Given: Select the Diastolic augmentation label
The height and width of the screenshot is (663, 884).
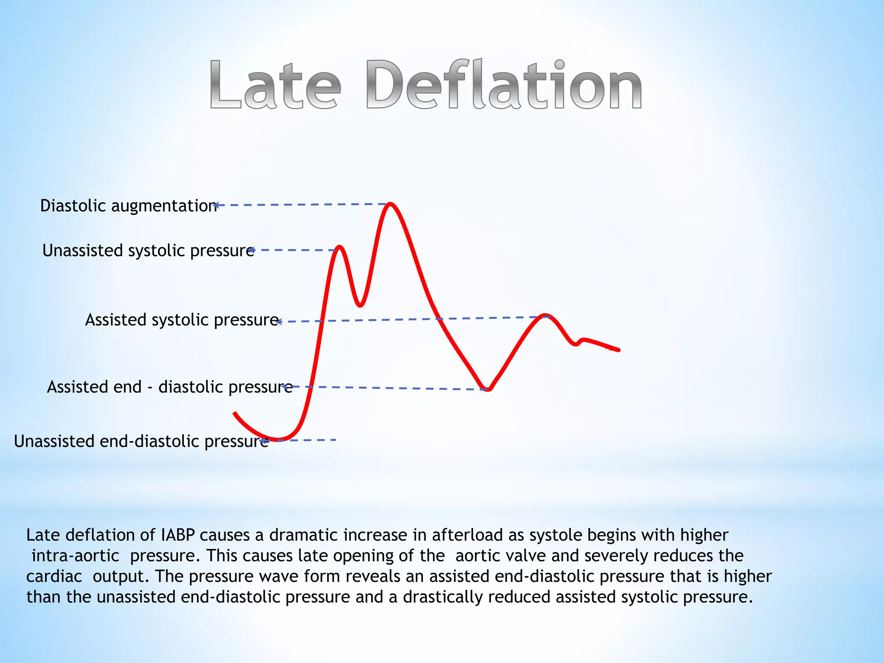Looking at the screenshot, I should [x=128, y=206].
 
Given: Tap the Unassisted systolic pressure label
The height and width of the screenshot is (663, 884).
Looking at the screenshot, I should [x=148, y=251].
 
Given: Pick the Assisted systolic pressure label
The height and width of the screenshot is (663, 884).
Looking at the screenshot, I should [x=182, y=320].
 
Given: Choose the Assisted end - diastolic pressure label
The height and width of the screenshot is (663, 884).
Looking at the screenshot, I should [x=169, y=387].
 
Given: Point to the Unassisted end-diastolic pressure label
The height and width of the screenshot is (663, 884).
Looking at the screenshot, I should [x=141, y=442].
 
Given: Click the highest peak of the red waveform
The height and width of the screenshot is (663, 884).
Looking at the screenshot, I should [x=390, y=204].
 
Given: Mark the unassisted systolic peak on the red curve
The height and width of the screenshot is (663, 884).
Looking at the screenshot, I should [x=340, y=247].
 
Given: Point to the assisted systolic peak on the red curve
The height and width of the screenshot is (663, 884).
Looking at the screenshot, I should [x=546, y=316].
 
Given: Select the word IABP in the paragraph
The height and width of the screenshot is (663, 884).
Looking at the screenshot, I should [x=177, y=535].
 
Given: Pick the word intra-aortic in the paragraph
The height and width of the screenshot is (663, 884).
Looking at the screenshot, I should [x=75, y=556].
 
